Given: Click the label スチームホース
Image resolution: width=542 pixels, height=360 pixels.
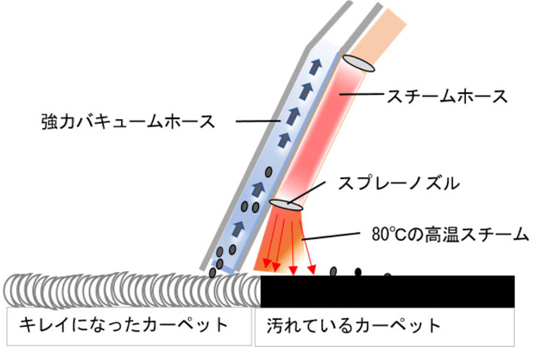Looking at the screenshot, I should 446,96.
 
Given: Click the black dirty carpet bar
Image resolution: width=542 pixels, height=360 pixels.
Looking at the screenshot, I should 387,291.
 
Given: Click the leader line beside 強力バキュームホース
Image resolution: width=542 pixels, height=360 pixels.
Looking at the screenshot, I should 256,120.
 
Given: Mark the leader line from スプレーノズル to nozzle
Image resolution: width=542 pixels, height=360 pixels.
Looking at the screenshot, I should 312,191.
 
